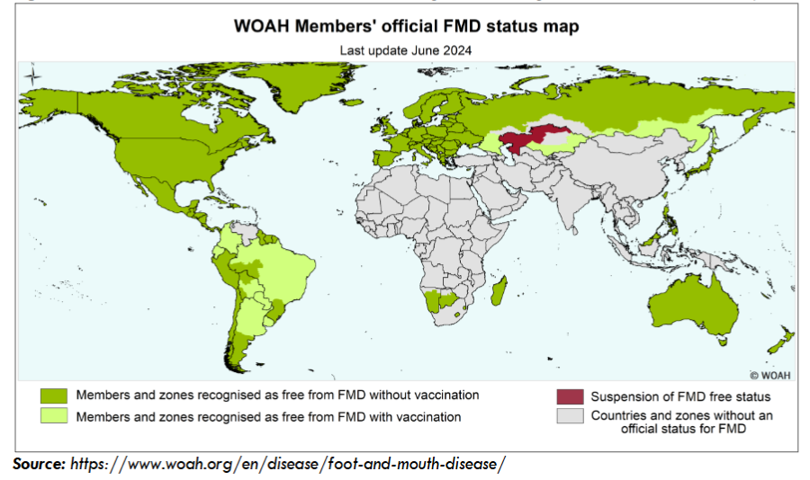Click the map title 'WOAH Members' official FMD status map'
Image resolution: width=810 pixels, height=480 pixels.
(406, 26)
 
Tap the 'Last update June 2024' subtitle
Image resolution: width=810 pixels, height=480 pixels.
(406, 50)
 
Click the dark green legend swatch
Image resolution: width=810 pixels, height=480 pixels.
(53, 396)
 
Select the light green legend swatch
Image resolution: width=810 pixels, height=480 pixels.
(53, 417)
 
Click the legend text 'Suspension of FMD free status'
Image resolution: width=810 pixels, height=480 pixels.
(680, 396)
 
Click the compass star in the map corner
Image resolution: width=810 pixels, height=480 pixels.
(32, 76)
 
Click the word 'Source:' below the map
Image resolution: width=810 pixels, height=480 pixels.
(39, 464)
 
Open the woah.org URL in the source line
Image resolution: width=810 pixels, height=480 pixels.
(288, 464)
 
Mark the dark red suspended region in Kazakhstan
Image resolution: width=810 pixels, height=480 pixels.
(531, 139)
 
